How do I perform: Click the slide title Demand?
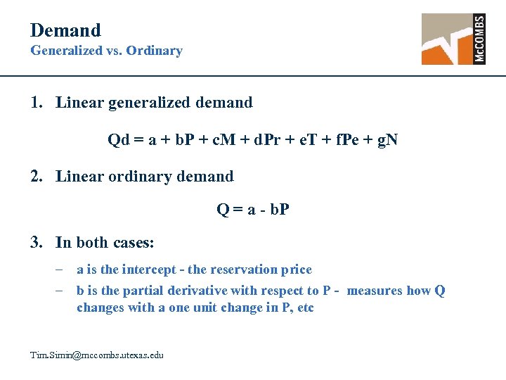[65, 30]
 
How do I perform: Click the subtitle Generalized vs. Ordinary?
[106, 51]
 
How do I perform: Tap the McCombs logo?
[453, 39]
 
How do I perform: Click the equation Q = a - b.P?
[252, 210]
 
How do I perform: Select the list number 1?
[36, 103]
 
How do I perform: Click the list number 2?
[36, 176]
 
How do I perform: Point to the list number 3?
[36, 243]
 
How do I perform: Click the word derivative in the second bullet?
[195, 291]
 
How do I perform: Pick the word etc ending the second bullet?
[305, 308]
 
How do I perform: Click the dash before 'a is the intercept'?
[62, 270]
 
